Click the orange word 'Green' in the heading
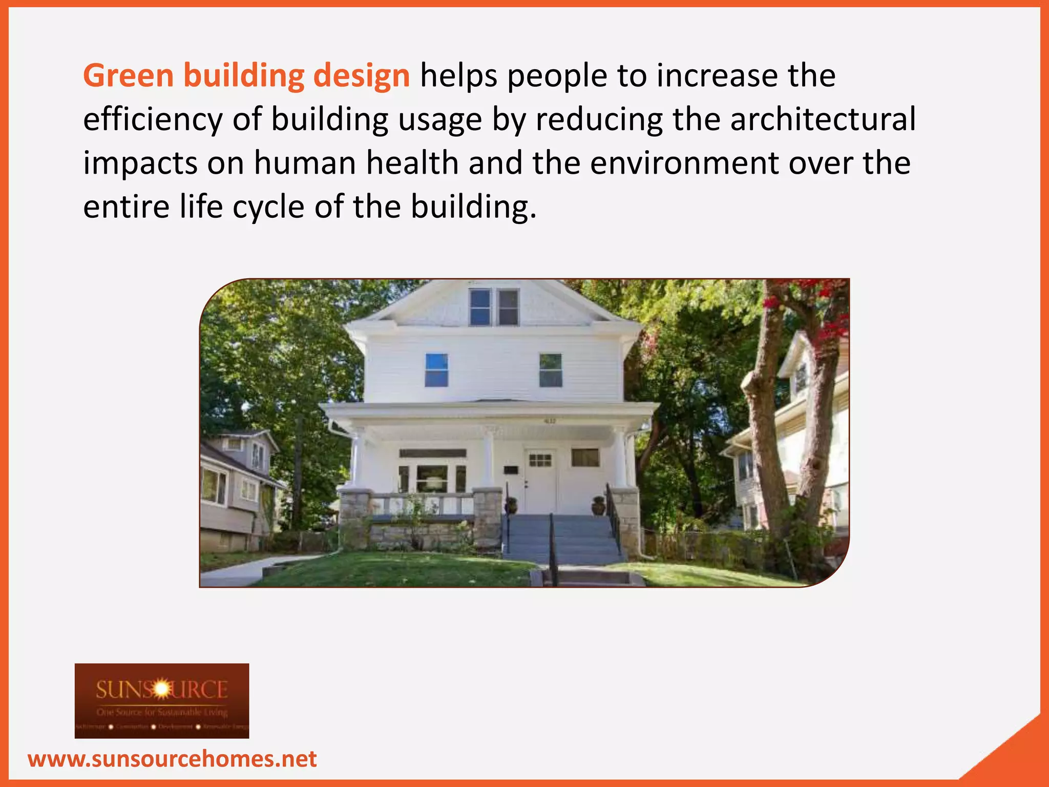128,76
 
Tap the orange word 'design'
361,76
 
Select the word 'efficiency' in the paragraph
153,119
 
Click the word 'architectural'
823,119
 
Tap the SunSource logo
162,700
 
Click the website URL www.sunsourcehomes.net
172,759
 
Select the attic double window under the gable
494,307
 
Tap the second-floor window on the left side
436,370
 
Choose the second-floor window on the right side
551,370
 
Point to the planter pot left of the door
511,505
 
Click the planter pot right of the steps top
598,505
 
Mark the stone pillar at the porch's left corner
354,517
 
